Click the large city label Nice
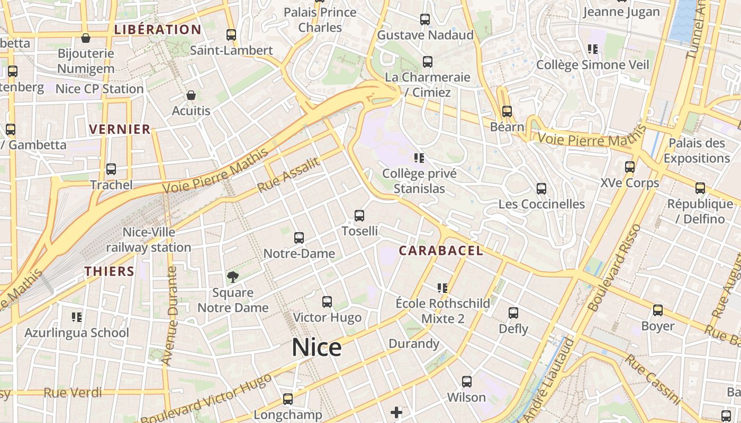coord(317,347)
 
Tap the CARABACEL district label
coord(441,251)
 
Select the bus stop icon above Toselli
coord(359,216)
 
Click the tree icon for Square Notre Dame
coord(232,277)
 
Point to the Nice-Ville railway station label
coord(149,240)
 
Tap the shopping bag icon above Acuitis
coord(191,95)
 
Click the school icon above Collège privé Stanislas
coord(419,158)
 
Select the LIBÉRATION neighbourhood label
coord(158,30)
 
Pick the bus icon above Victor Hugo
coord(327,302)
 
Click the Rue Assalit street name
coord(289,176)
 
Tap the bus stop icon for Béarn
coord(507,111)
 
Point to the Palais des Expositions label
coord(697,151)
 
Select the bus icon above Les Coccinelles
coord(541,189)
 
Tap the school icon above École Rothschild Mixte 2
coord(442,288)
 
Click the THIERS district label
coord(110,272)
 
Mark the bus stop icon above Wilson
coord(466,381)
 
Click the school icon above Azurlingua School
coord(77,317)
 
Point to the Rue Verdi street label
coord(73,393)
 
